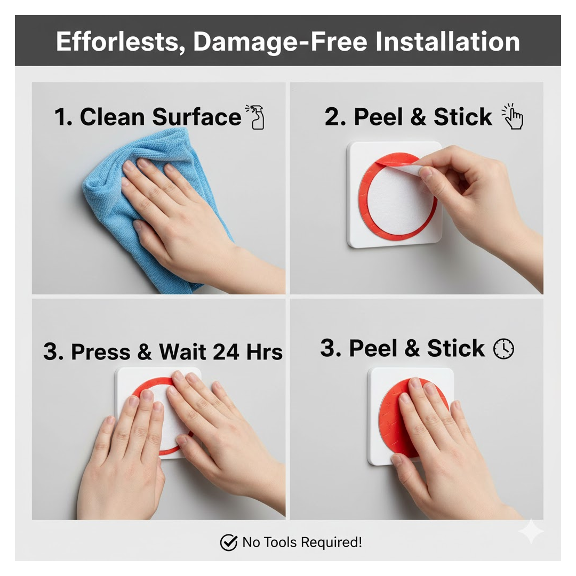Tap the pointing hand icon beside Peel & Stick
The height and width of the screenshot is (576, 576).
point(513,117)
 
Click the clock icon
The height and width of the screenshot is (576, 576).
point(503,349)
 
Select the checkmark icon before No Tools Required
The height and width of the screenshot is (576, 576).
point(228,543)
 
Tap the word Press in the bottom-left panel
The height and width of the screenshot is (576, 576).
point(101,352)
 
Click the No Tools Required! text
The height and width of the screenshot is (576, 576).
point(302,543)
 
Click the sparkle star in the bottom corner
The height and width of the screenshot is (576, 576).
point(531,531)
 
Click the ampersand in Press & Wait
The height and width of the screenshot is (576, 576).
point(145,352)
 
